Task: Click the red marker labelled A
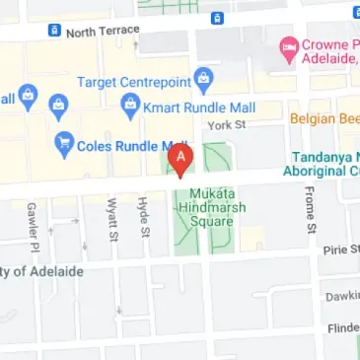point(180,158)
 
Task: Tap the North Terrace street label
point(103,32)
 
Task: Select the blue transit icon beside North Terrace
point(54,31)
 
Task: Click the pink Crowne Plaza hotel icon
point(288,45)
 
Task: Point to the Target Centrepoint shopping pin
point(204,76)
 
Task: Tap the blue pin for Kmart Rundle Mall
point(128,104)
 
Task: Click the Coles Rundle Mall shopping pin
point(65,143)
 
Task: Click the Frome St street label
point(310,213)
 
